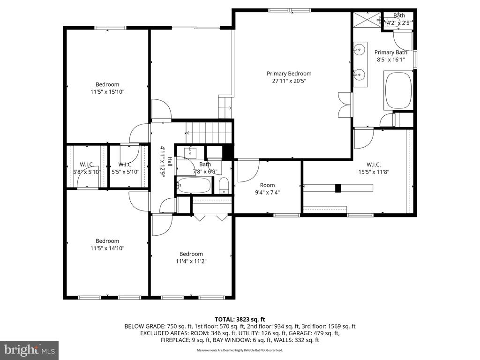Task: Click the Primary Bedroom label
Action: [x=289, y=74]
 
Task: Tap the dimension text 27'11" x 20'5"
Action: [x=289, y=81]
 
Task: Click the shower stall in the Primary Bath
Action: [x=367, y=21]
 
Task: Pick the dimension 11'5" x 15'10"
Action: [x=107, y=92]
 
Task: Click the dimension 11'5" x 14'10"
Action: [x=107, y=248]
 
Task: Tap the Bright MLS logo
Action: [x=29, y=350]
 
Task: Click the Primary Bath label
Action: [x=390, y=52]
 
